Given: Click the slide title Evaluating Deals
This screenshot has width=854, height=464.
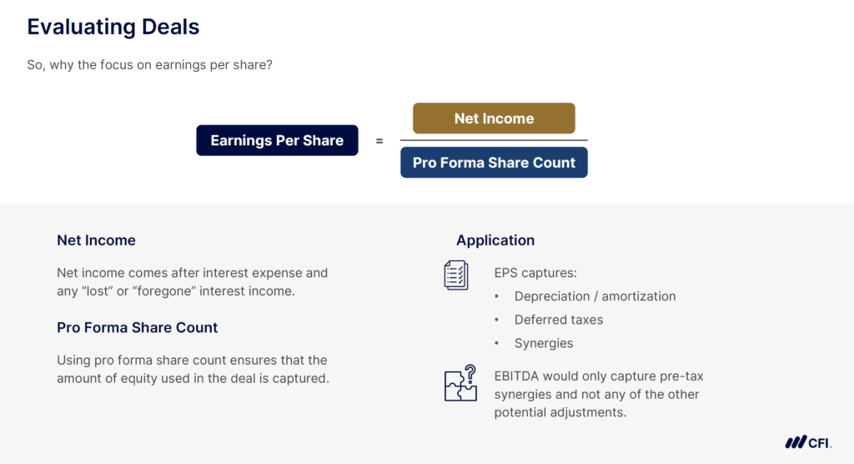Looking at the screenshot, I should (113, 27).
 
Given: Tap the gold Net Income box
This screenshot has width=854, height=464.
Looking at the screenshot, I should (494, 119).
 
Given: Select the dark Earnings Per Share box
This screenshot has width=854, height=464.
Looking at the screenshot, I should (277, 140).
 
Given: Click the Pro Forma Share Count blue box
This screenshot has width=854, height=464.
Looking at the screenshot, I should (494, 163).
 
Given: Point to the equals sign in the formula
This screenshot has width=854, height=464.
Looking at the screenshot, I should (379, 141).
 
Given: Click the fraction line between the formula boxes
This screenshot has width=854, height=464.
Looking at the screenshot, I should (494, 140).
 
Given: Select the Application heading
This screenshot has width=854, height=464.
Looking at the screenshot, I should (495, 240).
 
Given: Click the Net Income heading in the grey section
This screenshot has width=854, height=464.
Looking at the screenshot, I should (96, 240).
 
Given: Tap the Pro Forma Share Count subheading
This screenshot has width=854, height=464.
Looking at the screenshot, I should (137, 328).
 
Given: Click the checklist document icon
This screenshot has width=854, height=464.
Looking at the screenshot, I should (456, 275).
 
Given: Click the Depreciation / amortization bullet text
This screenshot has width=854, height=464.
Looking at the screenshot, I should (595, 296).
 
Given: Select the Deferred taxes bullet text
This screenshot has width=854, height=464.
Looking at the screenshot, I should (558, 320).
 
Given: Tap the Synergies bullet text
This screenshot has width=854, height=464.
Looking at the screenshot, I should (544, 343).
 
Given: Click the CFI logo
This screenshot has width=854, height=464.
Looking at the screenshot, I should (807, 442).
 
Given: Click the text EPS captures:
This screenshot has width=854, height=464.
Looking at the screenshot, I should (535, 273).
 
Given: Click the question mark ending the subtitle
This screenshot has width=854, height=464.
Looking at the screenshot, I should (269, 65).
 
